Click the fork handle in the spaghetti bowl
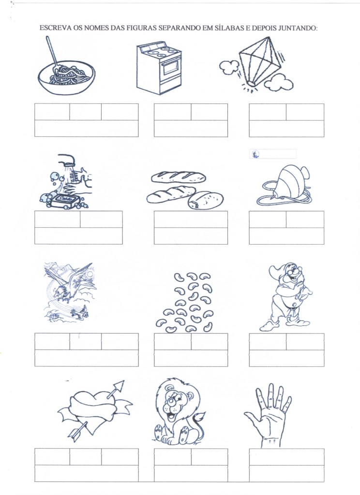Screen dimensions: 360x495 click(x=52, y=51)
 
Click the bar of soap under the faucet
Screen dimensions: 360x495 click(x=65, y=201)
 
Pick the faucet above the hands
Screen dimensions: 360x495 click(x=66, y=160)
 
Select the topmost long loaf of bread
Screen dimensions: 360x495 click(x=178, y=177)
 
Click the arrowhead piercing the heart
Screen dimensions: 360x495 click(x=119, y=386)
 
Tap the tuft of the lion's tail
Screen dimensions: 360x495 click(x=199, y=418)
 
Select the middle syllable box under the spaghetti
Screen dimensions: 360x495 click(x=85, y=112)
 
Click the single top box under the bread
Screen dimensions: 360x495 click(x=191, y=219)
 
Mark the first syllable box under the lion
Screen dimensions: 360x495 click(x=173, y=457)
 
